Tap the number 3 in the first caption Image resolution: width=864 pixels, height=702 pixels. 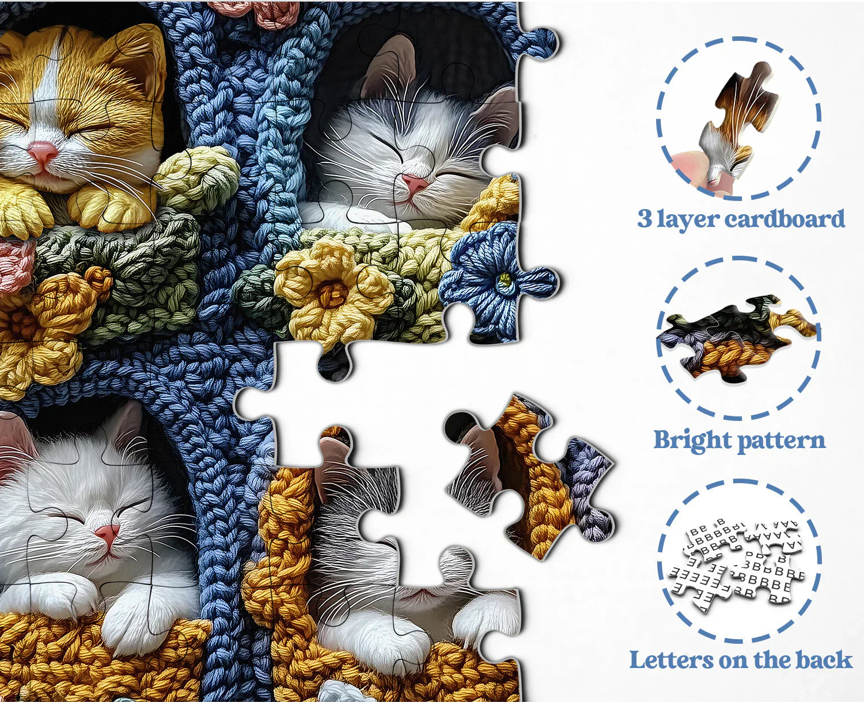(644, 218)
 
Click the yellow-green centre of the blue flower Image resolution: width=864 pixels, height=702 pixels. (505, 279)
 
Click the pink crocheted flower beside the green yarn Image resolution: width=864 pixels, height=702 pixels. (16, 260)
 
